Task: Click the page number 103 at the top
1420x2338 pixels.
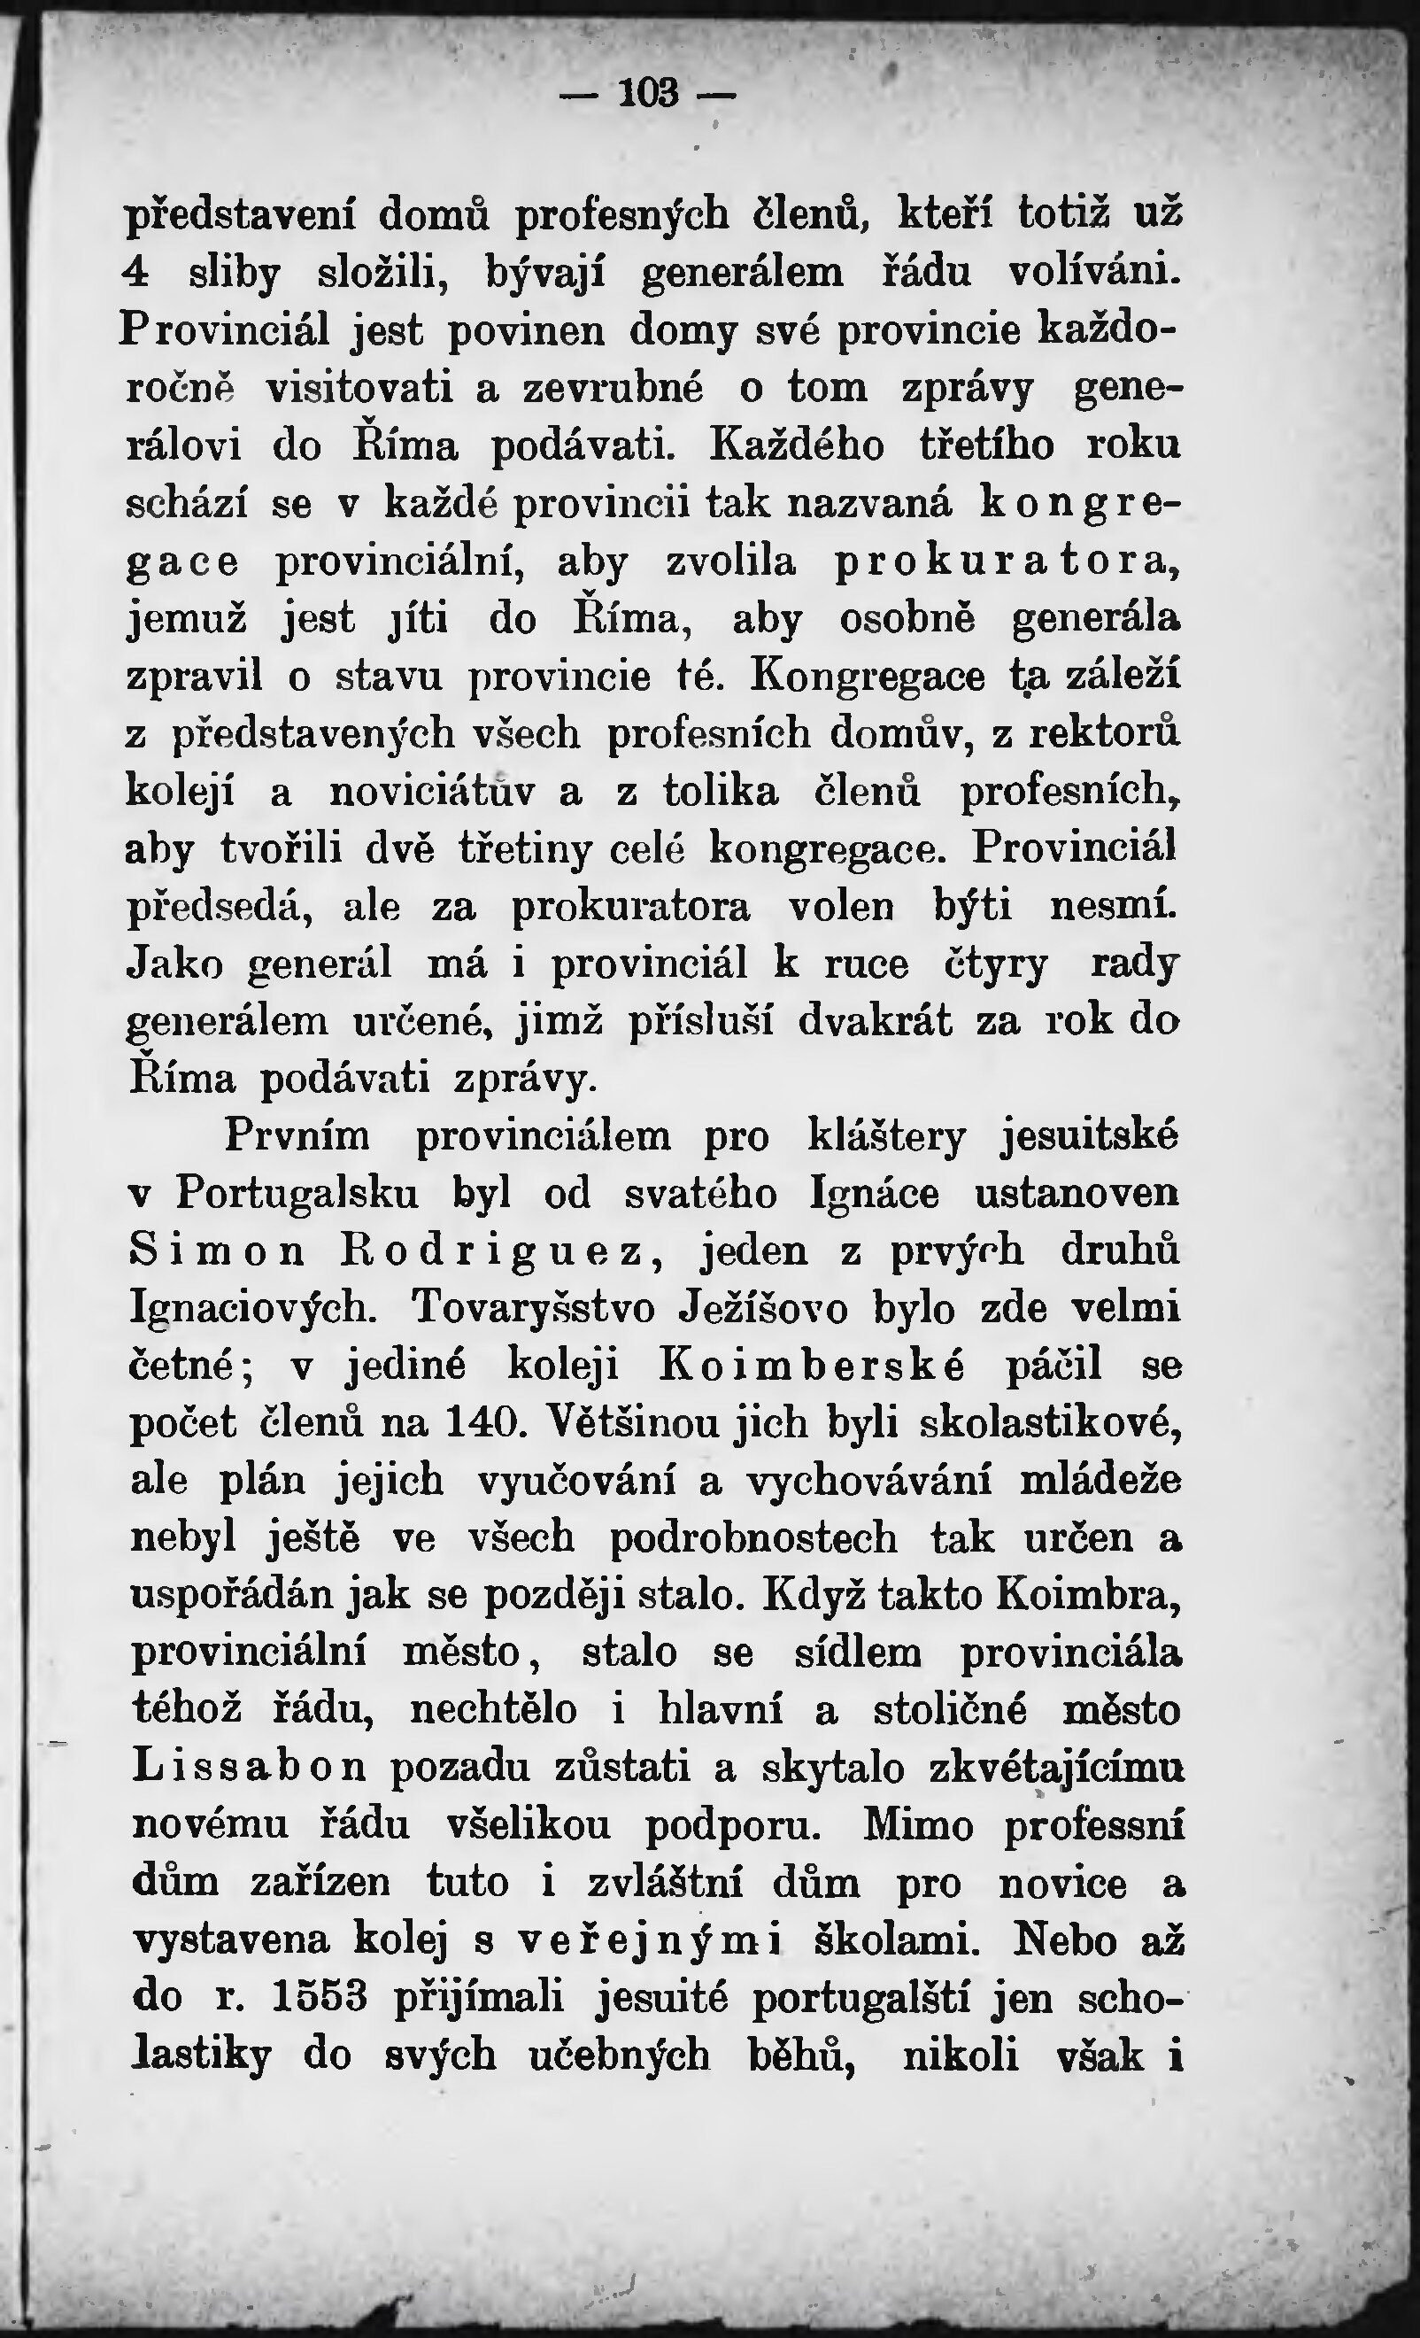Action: (x=649, y=93)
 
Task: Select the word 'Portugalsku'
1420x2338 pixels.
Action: (x=297, y=1195)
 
